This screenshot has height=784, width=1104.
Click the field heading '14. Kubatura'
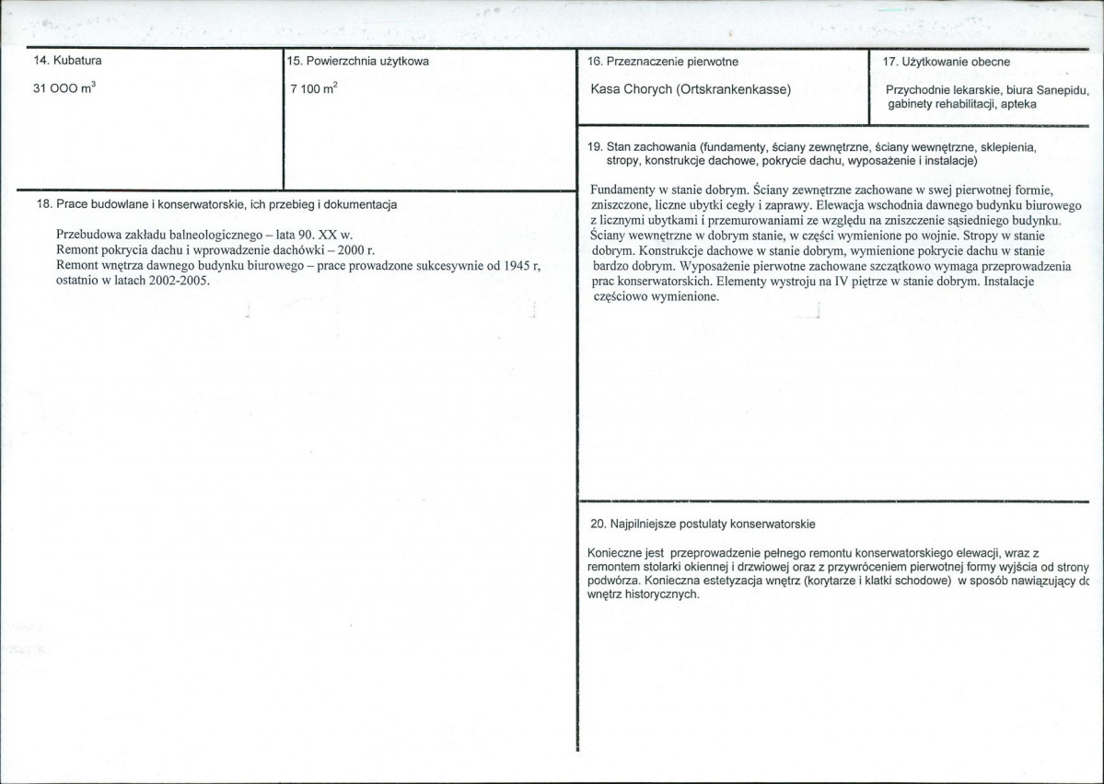pyautogui.click(x=67, y=62)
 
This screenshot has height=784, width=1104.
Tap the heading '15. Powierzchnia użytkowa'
pyautogui.click(x=358, y=62)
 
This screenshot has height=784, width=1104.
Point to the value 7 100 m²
pyautogui.click(x=308, y=90)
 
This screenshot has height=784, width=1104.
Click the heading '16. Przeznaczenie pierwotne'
pyautogui.click(x=662, y=62)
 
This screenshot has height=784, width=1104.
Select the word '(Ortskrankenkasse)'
pyautogui.click(x=732, y=90)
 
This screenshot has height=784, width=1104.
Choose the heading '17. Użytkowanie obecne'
pyautogui.click(x=946, y=62)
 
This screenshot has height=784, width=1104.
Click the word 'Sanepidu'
pyautogui.click(x=1063, y=91)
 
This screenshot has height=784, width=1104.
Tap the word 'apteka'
pyautogui.click(x=1018, y=105)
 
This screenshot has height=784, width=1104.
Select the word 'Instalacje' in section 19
pyautogui.click(x=1009, y=282)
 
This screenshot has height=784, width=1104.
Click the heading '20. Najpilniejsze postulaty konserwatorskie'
pyautogui.click(x=703, y=524)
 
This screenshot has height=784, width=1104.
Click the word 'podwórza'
pyautogui.click(x=611, y=581)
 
